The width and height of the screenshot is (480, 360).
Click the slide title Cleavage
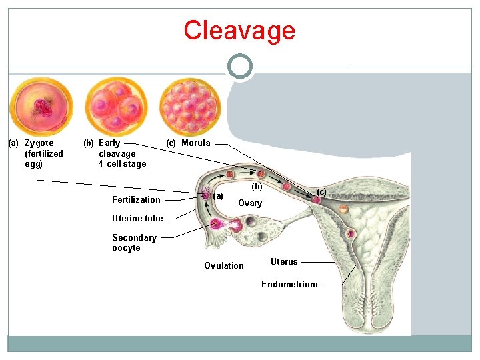tap(239, 31)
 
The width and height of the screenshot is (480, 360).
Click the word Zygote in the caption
tap(39, 143)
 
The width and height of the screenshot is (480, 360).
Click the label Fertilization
tap(136, 199)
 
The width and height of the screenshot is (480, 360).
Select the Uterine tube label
tap(137, 218)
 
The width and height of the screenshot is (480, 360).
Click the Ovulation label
tap(224, 265)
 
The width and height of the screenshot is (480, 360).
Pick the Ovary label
tap(250, 203)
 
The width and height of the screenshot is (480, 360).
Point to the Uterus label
tap(284, 261)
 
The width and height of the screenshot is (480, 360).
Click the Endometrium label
tap(289, 284)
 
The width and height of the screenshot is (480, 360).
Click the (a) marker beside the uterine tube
tap(219, 195)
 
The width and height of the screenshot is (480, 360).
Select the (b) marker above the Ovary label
tap(257, 187)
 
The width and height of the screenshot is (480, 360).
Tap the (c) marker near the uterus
tap(321, 192)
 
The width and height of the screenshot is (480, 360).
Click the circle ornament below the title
tap(240, 67)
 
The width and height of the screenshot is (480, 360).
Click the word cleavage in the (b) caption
tap(117, 153)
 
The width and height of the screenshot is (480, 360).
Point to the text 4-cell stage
tap(122, 164)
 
